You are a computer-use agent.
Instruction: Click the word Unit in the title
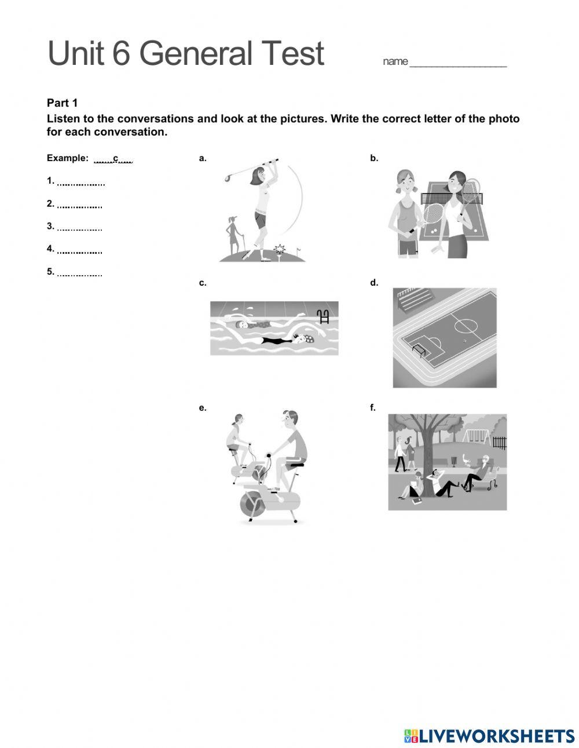(76, 53)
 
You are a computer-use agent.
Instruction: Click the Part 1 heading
(62, 103)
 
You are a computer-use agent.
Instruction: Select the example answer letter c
(116, 158)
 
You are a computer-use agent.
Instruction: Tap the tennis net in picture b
(452, 198)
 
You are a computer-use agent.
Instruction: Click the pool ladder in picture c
(323, 316)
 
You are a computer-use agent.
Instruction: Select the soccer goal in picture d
(418, 349)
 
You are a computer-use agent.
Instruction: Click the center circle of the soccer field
(466, 326)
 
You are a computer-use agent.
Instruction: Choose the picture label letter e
(202, 408)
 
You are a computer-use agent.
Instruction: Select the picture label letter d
(373, 283)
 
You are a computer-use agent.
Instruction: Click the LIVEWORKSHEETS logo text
(497, 736)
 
